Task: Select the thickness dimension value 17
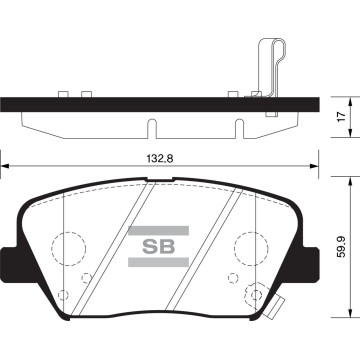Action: [343, 117]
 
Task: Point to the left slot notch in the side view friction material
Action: [151, 129]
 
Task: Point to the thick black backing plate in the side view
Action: [150, 103]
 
